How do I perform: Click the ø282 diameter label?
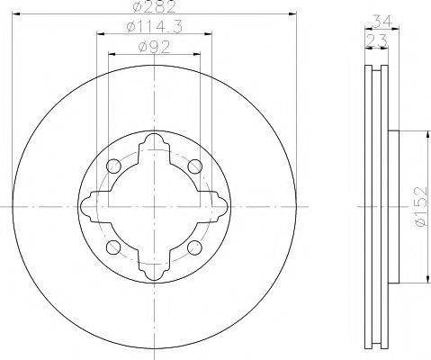154,6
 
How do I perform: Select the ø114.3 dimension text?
155,27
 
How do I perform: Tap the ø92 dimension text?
154,47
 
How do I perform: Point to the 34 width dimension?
382,22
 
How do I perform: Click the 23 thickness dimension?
377,41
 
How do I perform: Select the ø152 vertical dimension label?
420,207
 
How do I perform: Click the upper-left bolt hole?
113,166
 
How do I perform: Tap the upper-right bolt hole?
194,166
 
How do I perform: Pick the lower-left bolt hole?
113,247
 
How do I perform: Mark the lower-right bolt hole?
194,247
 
